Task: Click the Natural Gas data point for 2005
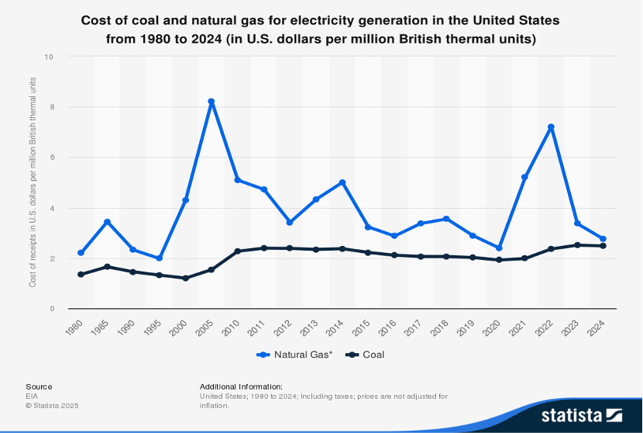click(x=211, y=102)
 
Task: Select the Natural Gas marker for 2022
click(x=551, y=127)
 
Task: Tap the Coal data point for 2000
click(x=185, y=278)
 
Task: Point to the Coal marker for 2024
click(x=603, y=246)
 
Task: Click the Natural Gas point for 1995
click(x=159, y=258)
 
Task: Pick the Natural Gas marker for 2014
click(x=342, y=182)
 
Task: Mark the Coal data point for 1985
click(x=107, y=267)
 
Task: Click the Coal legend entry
click(x=366, y=355)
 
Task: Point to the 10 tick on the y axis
click(x=49, y=57)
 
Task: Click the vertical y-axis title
click(x=33, y=182)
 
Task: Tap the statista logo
click(x=582, y=414)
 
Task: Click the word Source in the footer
click(x=39, y=386)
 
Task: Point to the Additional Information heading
click(x=241, y=386)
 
